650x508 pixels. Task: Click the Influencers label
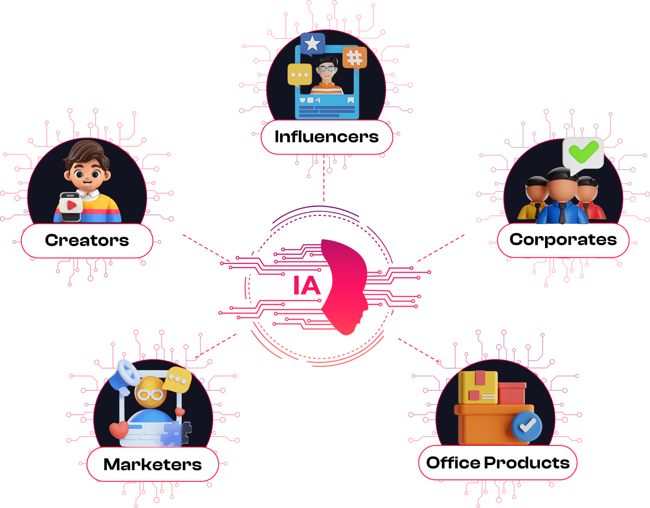(327, 137)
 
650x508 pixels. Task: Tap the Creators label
(87, 240)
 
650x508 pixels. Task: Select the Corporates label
(563, 240)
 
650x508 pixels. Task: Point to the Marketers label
(152, 464)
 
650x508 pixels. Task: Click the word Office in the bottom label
(453, 462)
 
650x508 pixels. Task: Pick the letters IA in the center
(307, 285)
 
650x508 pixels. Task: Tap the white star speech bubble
(312, 44)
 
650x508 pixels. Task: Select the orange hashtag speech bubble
(355, 58)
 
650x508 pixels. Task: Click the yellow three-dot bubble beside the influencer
(299, 75)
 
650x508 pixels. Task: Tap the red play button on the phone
(72, 205)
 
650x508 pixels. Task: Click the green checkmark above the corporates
(583, 152)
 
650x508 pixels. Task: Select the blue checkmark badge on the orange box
(527, 426)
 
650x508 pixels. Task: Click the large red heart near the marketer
(119, 430)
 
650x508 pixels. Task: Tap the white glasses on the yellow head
(151, 395)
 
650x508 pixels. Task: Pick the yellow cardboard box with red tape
(478, 388)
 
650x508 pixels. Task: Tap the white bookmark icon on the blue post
(351, 100)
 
